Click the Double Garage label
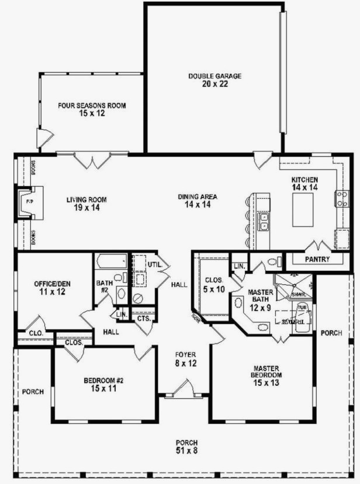(214, 76)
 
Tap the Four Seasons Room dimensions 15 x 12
(92, 114)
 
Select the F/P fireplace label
(29, 201)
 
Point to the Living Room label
(86, 199)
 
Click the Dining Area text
(198, 197)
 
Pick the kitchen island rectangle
(303, 209)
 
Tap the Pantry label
(317, 259)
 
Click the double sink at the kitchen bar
(264, 222)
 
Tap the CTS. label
(144, 318)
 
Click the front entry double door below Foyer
(182, 388)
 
